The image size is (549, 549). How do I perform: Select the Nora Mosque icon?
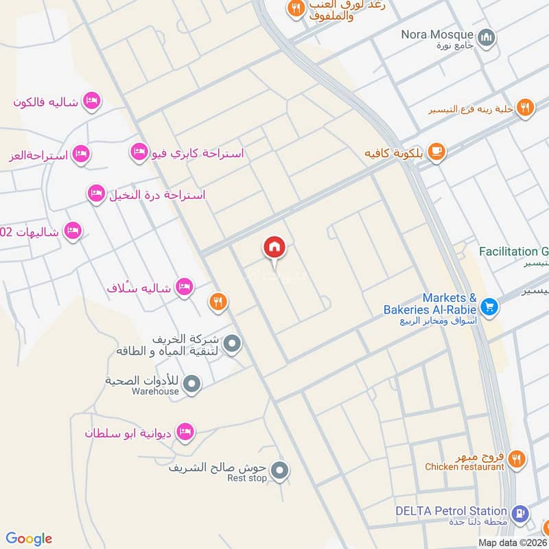pyautogui.click(x=487, y=36)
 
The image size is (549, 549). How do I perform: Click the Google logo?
pyautogui.click(x=29, y=539)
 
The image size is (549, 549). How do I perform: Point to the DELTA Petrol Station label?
pyautogui.click(x=451, y=511)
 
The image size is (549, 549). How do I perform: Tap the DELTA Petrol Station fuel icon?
pyautogui.click(x=520, y=513)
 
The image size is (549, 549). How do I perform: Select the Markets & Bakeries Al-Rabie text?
pyautogui.click(x=430, y=304)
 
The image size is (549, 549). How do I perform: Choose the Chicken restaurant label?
pyautogui.click(x=465, y=467)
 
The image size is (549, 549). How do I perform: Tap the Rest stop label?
pyautogui.click(x=246, y=478)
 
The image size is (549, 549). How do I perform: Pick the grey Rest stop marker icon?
pyautogui.click(x=279, y=471)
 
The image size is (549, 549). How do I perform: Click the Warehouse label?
pyautogui.click(x=156, y=391)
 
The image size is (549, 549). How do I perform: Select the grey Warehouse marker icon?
pyautogui.click(x=192, y=384)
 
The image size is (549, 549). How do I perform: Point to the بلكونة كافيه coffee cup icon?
pyautogui.click(x=436, y=152)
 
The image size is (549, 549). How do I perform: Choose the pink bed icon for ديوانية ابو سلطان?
pyautogui.click(x=184, y=432)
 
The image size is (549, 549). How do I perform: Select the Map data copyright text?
pyautogui.click(x=513, y=542)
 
